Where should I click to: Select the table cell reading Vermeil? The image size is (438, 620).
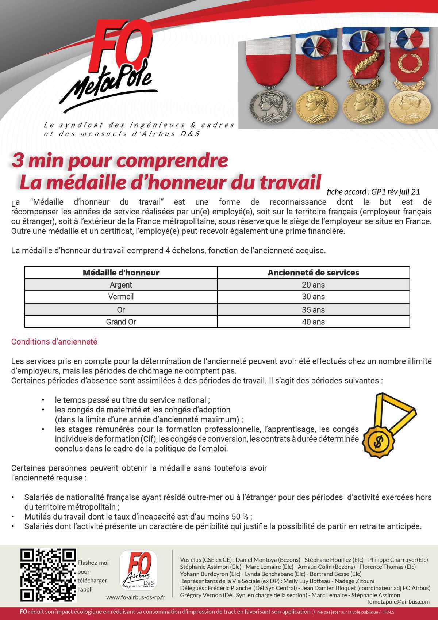(121, 297)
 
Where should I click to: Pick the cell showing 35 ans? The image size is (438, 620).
(313, 310)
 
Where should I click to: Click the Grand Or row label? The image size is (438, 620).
(121, 322)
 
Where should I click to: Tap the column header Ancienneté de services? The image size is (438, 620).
(313, 273)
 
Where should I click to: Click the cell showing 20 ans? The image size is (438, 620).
(313, 285)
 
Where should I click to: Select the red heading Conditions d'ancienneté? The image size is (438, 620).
(54, 342)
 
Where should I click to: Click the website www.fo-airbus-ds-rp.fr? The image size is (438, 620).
(135, 597)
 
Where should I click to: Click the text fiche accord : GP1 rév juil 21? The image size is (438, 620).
(373, 191)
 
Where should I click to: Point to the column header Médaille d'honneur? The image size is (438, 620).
(121, 273)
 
